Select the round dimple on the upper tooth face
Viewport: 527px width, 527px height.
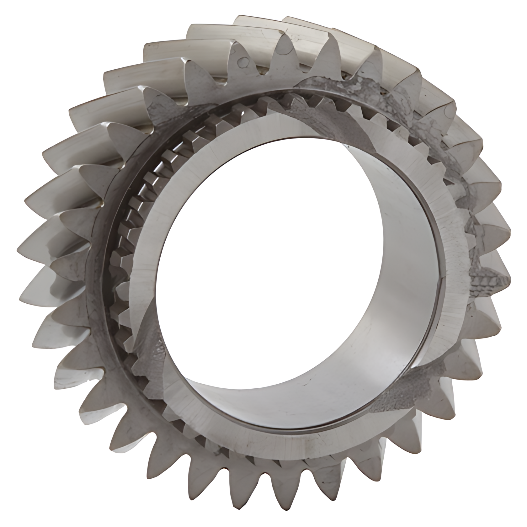click(x=242, y=62)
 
